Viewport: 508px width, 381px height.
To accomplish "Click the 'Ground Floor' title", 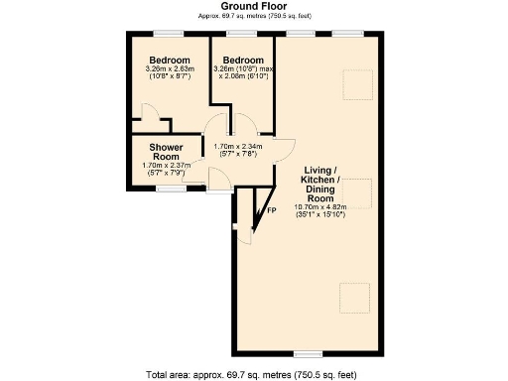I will pyautogui.click(x=254, y=6).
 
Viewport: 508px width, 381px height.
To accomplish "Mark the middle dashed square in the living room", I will pyautogui.click(x=358, y=193).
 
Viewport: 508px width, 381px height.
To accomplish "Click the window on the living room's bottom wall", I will pyautogui.click(x=309, y=352).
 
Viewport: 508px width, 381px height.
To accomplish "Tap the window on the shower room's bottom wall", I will pyautogui.click(x=172, y=189).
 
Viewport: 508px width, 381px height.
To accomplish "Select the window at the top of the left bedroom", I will pyautogui.click(x=167, y=34).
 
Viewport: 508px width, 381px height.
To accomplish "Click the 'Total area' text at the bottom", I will pyautogui.click(x=254, y=374).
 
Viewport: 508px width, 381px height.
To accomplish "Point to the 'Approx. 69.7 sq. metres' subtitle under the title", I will pyautogui.click(x=254, y=17).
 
